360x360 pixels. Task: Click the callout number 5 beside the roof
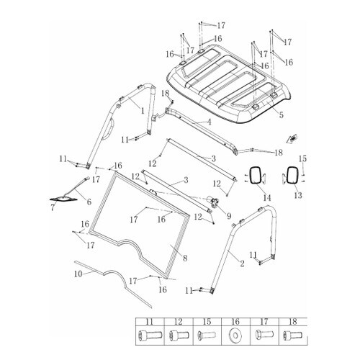[281, 115]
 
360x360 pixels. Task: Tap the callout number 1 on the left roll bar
[143, 111]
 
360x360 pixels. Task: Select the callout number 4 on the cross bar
[210, 122]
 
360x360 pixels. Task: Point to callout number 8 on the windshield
[185, 258]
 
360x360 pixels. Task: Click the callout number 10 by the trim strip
[78, 274]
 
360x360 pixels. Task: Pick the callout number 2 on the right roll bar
[242, 264]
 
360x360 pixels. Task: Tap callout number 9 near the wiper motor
[229, 216]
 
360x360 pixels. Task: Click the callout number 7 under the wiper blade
[53, 207]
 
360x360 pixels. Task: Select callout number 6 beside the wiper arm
[89, 202]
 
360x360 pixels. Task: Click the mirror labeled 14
[254, 176]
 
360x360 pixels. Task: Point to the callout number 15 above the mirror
[302, 158]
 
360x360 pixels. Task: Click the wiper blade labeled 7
[63, 199]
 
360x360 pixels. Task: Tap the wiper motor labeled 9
[213, 201]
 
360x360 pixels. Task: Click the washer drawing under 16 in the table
[235, 335]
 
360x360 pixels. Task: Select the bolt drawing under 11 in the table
[150, 335]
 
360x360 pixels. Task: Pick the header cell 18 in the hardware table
[293, 322]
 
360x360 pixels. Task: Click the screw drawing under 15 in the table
[207, 335]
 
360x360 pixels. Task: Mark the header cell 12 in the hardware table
[179, 322]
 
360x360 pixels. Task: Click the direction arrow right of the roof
[292, 139]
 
